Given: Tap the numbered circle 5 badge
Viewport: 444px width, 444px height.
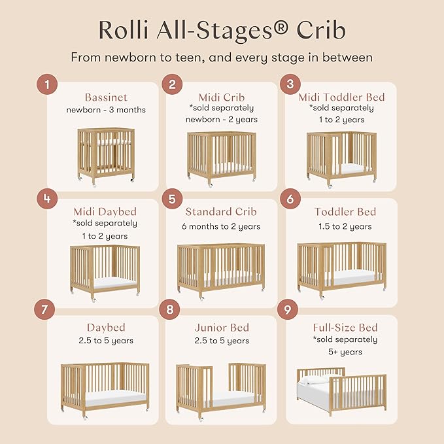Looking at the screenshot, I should click(172, 199).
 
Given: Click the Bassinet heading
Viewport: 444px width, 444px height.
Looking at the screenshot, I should click(106, 97).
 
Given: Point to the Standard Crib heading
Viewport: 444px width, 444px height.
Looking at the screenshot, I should click(221, 212).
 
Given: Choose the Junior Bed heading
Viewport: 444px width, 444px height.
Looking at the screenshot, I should click(221, 327).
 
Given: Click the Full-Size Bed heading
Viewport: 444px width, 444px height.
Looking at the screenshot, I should click(345, 327).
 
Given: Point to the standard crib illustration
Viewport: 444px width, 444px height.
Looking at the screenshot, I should click(221, 268).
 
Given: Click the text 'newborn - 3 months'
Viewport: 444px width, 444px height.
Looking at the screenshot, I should click(106, 110).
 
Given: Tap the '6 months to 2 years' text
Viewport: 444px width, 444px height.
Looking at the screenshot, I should click(221, 226).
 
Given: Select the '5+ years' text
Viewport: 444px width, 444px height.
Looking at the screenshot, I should click(345, 352).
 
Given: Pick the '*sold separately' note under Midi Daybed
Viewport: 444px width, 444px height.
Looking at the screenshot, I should click(106, 224).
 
